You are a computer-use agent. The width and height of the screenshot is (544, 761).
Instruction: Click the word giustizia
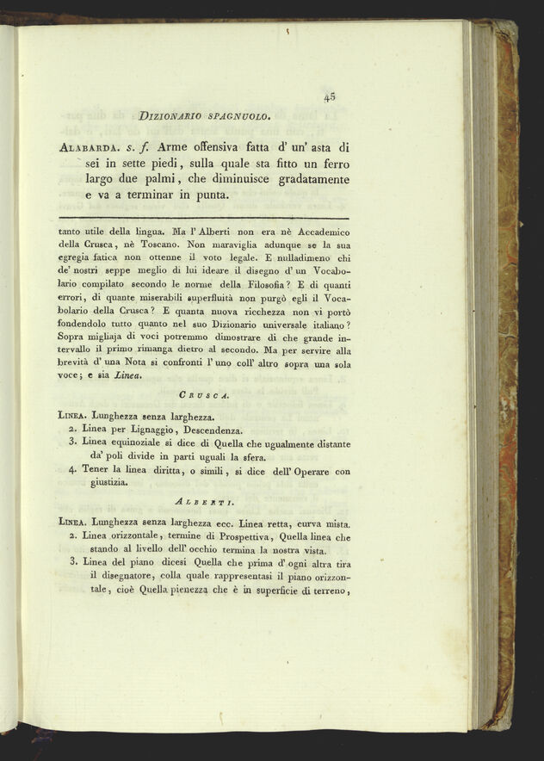point(105,483)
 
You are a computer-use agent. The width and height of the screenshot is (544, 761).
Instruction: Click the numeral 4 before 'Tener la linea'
point(72,470)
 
